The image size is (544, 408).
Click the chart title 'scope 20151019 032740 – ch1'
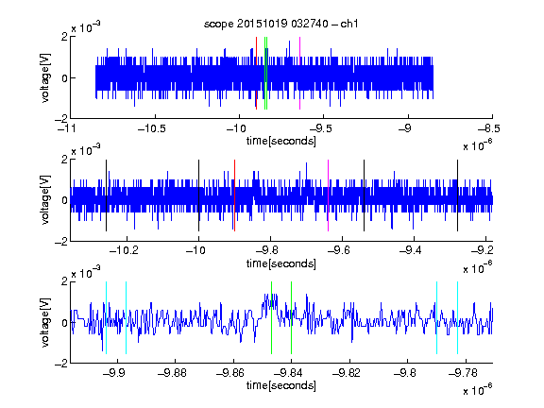click(281, 24)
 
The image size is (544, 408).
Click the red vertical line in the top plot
click(256, 73)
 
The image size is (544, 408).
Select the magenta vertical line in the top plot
click(299, 73)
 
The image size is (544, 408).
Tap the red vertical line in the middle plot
click(234, 195)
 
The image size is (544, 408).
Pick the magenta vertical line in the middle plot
click(329, 195)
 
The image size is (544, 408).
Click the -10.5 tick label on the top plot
click(152, 129)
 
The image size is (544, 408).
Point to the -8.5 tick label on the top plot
click(489, 129)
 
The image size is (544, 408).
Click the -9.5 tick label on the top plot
click(320, 129)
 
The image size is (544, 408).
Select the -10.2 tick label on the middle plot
click(124, 250)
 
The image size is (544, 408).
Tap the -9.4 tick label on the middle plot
click(411, 250)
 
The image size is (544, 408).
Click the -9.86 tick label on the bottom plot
click(230, 373)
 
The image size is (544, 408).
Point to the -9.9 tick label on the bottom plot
click(114, 373)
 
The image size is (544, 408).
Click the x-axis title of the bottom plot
click(281, 385)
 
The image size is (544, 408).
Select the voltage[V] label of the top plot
click(45, 77)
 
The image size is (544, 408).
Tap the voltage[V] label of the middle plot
click(45, 200)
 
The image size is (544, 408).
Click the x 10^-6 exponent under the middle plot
click(478, 268)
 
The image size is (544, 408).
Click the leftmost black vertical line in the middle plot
click(106, 195)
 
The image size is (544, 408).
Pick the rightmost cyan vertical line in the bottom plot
click(457, 317)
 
